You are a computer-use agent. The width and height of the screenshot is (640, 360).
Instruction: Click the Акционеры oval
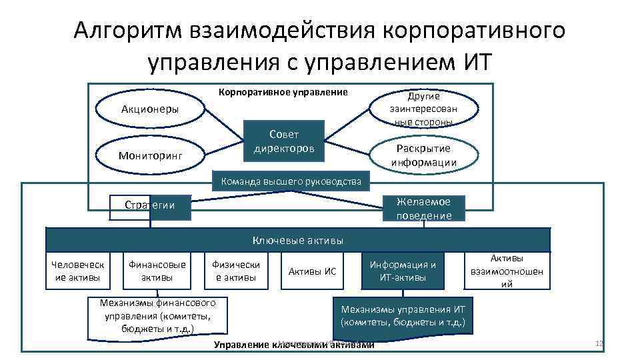click(149, 109)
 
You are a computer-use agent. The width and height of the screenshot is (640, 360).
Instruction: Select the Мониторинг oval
click(149, 155)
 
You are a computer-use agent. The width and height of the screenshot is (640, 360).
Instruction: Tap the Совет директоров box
click(284, 141)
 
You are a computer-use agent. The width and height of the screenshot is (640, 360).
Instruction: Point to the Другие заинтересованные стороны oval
click(424, 109)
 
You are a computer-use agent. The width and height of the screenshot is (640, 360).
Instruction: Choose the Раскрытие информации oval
click(424, 155)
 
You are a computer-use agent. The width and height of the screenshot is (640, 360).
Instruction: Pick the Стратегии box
click(150, 205)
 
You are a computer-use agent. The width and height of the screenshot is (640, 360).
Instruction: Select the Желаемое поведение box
click(424, 208)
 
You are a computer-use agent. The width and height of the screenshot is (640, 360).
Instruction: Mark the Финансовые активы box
click(157, 271)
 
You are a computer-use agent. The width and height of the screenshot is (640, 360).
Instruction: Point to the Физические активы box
click(236, 271)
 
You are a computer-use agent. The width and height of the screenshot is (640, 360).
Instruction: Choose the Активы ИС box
click(311, 271)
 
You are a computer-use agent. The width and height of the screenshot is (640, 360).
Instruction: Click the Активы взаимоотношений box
click(507, 271)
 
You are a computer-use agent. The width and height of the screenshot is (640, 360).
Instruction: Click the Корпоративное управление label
click(283, 91)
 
